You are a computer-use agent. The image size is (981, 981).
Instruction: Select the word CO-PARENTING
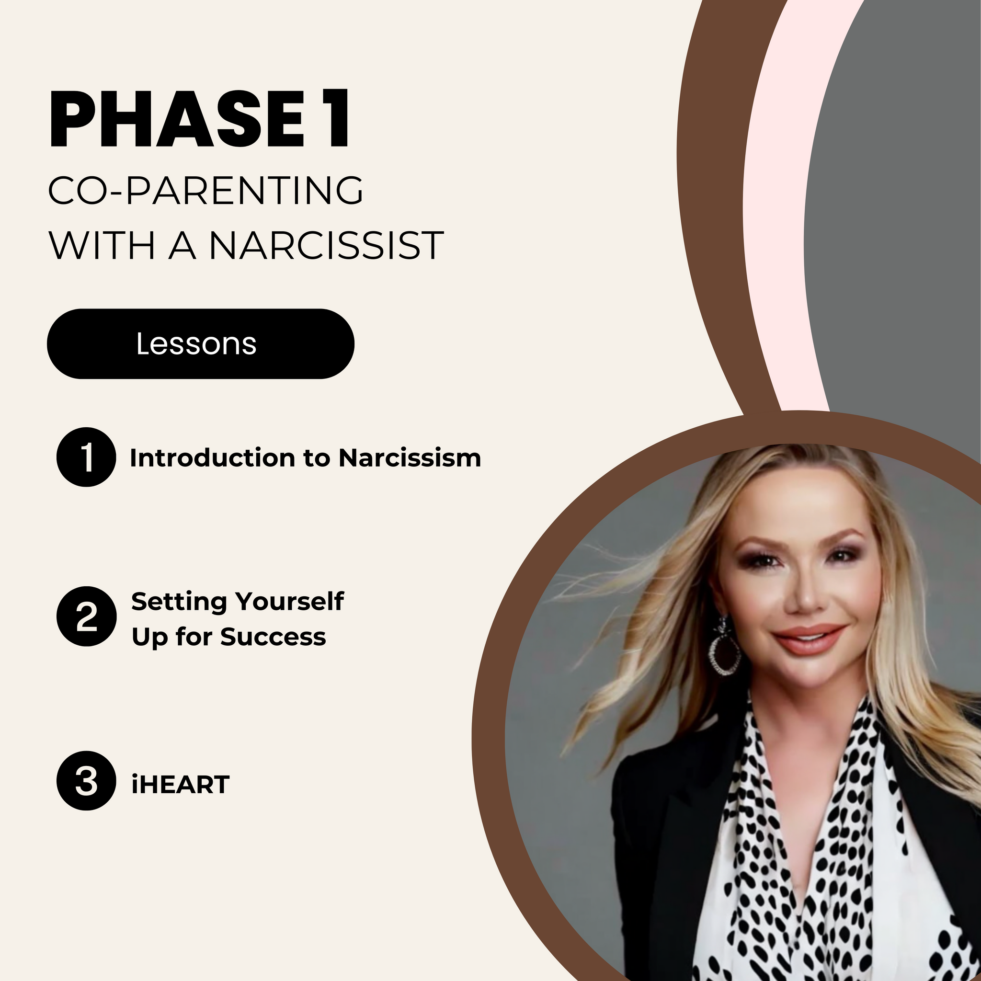[x=206, y=191]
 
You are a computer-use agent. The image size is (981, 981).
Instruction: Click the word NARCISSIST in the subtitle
[x=327, y=245]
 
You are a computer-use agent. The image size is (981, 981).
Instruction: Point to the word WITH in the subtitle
[x=102, y=245]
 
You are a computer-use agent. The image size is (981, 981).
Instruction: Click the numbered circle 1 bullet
[x=86, y=457]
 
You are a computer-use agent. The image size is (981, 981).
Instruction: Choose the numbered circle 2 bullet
[x=86, y=616]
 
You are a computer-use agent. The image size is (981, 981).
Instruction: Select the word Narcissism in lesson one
[x=410, y=457]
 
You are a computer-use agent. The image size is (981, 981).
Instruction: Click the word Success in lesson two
[x=273, y=637]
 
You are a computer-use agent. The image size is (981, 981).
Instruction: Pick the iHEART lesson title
[x=180, y=785]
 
